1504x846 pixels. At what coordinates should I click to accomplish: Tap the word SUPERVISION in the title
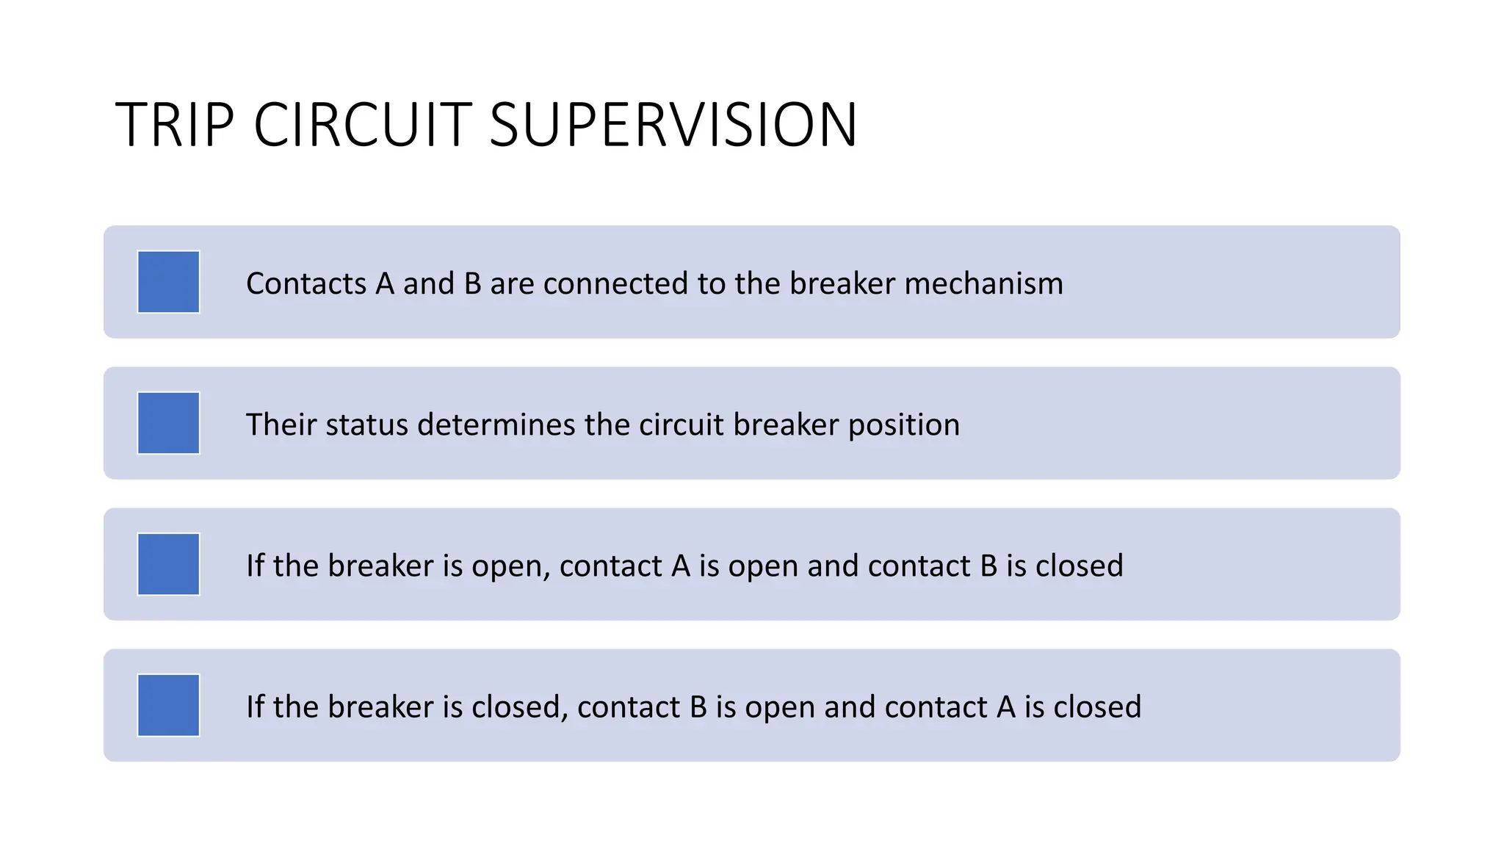[673, 125]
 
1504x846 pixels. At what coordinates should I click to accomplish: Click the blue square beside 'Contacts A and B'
[168, 282]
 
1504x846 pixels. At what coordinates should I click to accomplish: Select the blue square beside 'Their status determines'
[168, 423]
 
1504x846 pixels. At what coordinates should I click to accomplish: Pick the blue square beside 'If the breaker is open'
[168, 564]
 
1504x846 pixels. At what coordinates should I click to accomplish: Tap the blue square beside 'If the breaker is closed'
[168, 705]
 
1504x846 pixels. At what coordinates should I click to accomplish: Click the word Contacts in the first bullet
[306, 283]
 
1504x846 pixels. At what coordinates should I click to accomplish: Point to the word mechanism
[983, 283]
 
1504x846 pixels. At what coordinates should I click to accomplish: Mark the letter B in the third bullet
[988, 565]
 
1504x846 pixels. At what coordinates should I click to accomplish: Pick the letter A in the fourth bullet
[1006, 706]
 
